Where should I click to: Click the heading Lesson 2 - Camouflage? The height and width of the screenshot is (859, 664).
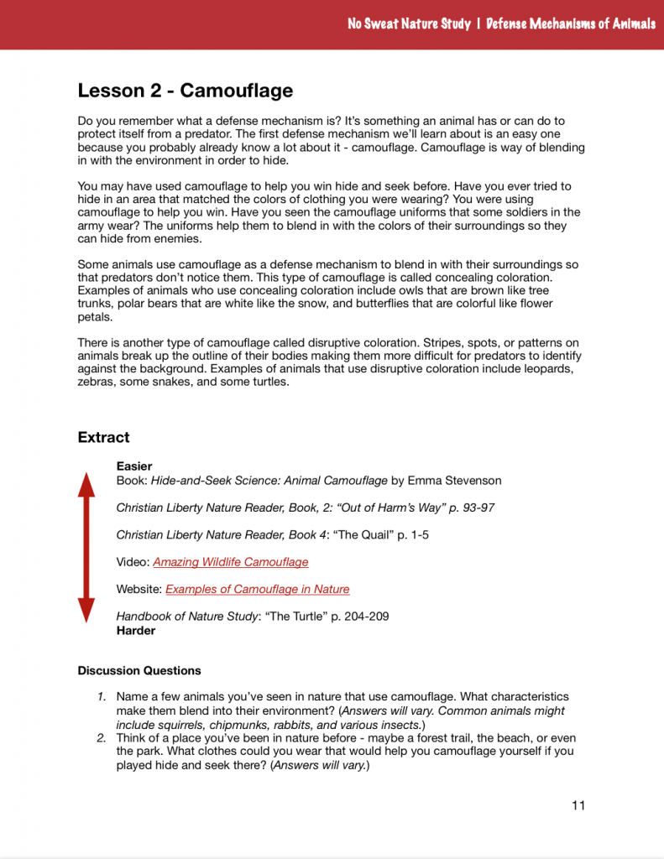(x=185, y=91)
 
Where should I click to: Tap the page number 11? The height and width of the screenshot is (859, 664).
(x=578, y=805)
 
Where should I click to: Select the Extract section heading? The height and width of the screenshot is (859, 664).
(x=103, y=437)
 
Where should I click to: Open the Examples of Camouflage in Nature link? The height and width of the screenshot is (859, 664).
(x=257, y=589)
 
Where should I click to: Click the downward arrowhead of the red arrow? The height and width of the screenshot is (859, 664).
(x=86, y=610)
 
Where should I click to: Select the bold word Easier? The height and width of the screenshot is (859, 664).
(x=134, y=466)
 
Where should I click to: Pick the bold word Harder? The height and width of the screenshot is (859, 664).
(x=136, y=630)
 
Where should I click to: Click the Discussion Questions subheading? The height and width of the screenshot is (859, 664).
(x=139, y=670)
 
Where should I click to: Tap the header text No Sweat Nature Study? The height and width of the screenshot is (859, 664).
(x=409, y=23)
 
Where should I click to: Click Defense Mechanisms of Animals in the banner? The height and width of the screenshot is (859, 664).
(x=571, y=23)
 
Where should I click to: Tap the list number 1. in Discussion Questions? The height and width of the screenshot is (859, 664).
(x=101, y=697)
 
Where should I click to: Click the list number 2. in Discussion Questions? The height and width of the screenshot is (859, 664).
(x=101, y=738)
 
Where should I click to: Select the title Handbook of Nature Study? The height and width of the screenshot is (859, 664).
(x=186, y=617)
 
